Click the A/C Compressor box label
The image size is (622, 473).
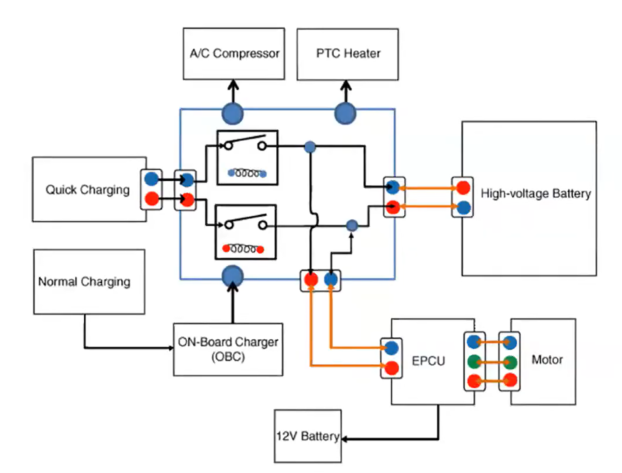coord(234,53)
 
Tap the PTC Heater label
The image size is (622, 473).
coord(348,53)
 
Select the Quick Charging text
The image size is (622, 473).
coord(88,190)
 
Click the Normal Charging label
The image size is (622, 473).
coord(84,282)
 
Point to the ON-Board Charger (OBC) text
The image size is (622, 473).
coord(228,349)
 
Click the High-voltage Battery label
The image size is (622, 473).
coord(536,194)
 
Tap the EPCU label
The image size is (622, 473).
coord(428,361)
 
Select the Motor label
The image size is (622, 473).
coord(547,360)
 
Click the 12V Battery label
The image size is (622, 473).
coord(308,436)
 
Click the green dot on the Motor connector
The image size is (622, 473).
coord(510,362)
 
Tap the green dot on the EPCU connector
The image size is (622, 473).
coord(474,362)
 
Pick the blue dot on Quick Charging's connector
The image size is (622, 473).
coord(151,179)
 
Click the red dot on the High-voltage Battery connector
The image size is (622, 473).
coord(463,188)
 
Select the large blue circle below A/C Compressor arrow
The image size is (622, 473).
coord(232,113)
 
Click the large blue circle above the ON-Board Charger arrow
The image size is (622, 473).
coord(232,276)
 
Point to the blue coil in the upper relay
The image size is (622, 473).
coord(247,173)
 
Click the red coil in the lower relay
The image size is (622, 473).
coord(243,249)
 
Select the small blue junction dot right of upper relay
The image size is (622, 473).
coord(310,147)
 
